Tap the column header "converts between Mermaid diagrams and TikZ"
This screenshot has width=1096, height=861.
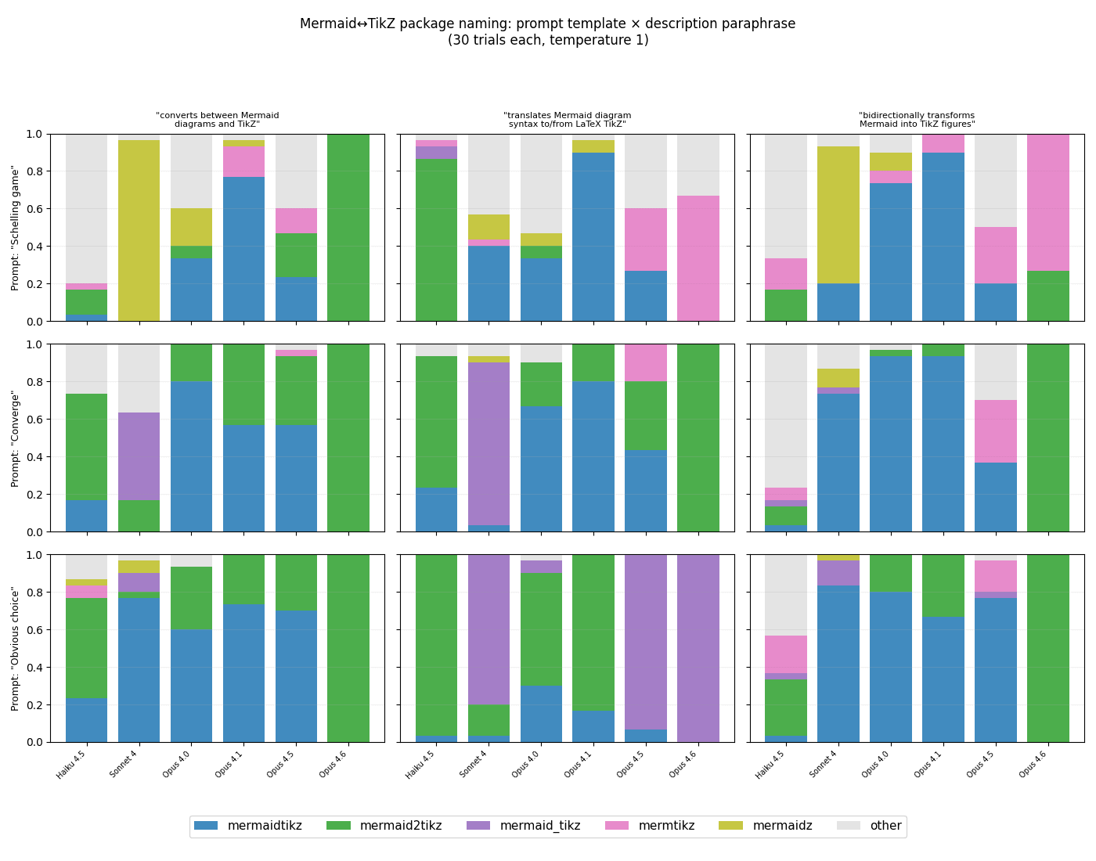click(x=217, y=120)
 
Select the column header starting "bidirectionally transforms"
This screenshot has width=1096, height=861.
click(x=917, y=120)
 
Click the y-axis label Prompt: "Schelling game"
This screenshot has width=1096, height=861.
click(x=16, y=228)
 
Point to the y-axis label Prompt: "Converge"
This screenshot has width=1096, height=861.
click(x=16, y=438)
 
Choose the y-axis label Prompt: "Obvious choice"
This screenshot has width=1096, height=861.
click(x=16, y=648)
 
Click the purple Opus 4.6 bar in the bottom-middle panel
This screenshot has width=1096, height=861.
click(x=698, y=648)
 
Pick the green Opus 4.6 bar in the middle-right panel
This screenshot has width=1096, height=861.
click(x=1047, y=438)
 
